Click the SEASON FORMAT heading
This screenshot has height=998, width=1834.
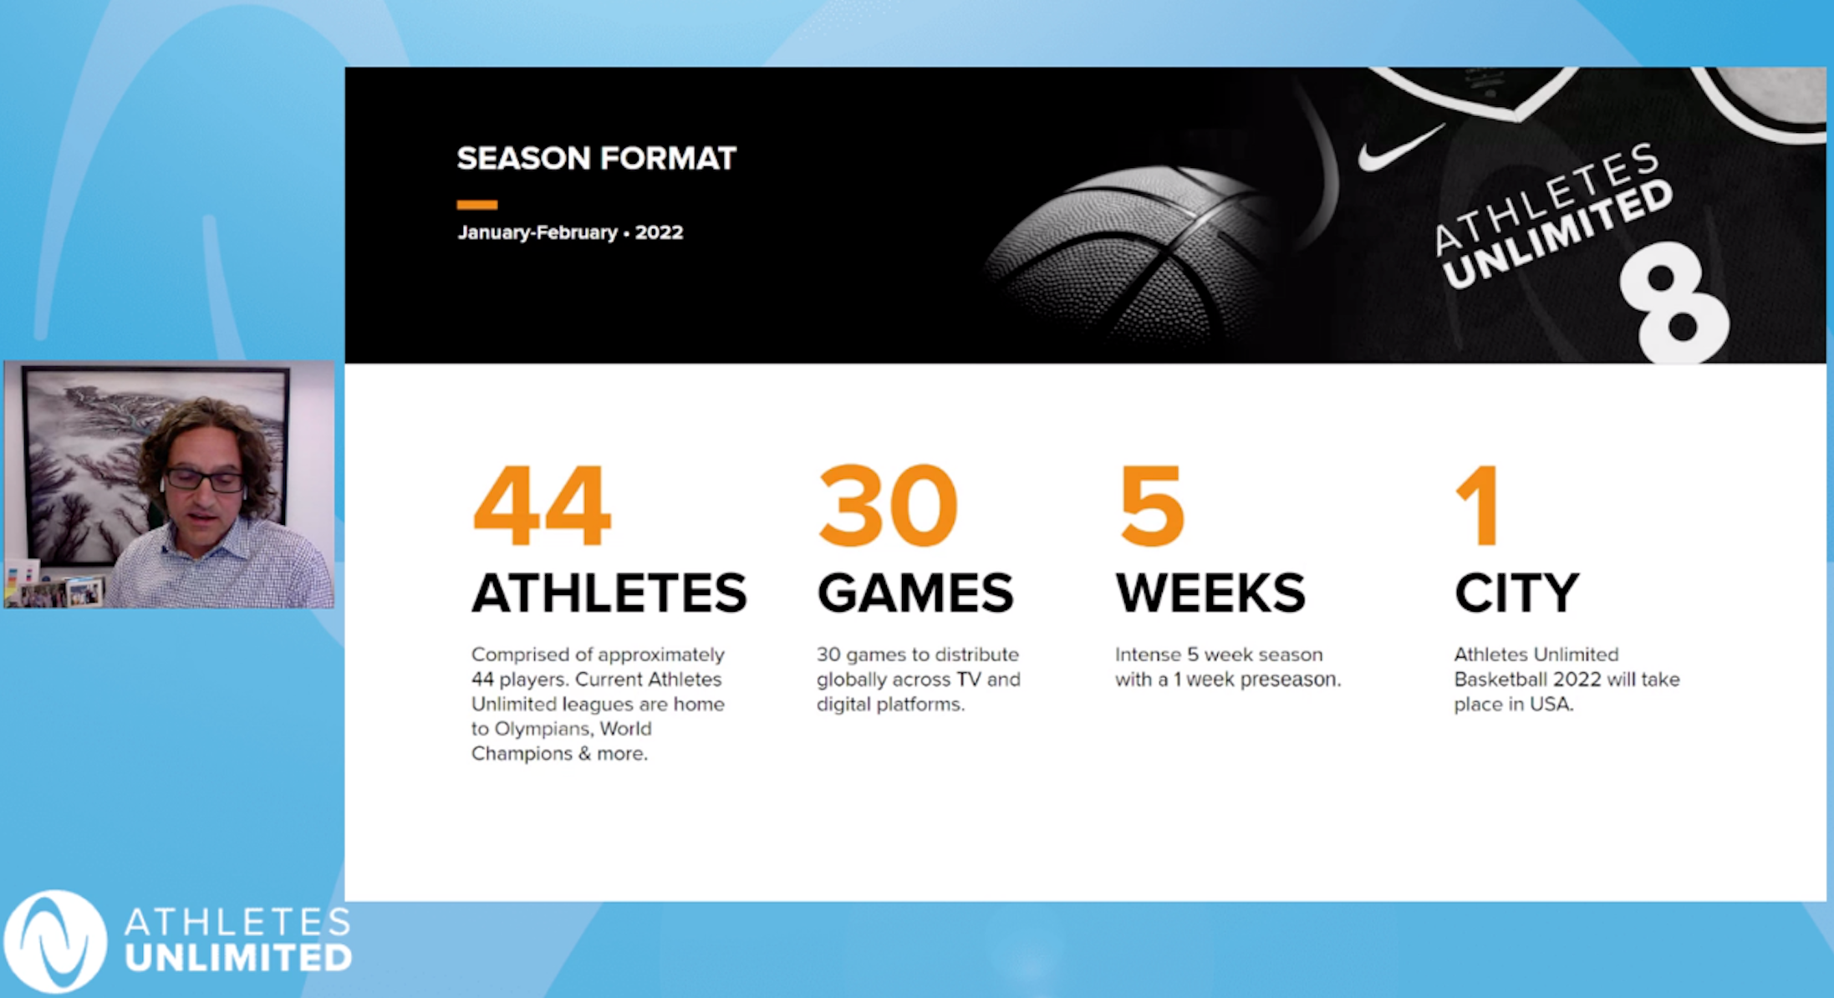pos(596,158)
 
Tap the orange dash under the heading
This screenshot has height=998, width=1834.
pos(476,205)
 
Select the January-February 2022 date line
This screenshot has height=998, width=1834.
pos(570,232)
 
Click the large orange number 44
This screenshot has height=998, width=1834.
pos(542,506)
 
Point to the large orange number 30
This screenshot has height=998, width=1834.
pos(888,506)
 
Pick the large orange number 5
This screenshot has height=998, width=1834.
pos(1152,506)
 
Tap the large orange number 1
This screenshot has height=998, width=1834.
pos(1477,506)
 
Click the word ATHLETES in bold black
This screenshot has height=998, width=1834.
pos(609,593)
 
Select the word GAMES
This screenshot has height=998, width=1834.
pos(915,593)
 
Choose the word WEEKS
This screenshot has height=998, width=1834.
pos(1210,593)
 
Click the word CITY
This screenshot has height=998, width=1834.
pos(1516,593)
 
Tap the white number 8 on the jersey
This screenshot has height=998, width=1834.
pos(1674,303)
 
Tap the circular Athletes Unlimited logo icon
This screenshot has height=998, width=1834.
pos(55,941)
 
